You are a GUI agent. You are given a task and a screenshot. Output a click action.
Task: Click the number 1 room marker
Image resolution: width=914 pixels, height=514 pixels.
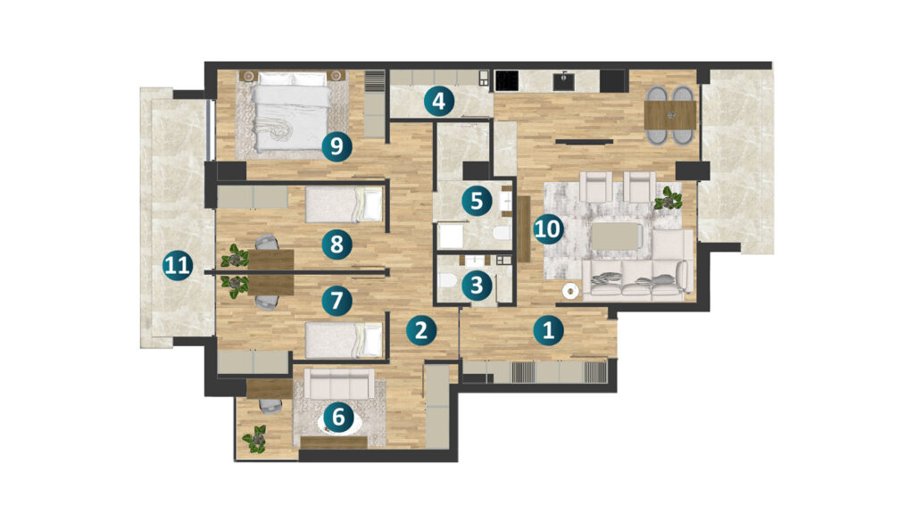coord(549,331)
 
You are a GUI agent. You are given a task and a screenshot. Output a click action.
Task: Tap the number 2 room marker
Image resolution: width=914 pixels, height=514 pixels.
coord(421,330)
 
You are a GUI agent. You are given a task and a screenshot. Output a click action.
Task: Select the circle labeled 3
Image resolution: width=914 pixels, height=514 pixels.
coord(477,286)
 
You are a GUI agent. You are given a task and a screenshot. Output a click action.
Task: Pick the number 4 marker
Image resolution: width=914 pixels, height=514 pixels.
coord(438,102)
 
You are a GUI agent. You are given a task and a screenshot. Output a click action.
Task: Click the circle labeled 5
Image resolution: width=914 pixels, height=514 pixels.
coord(477,201)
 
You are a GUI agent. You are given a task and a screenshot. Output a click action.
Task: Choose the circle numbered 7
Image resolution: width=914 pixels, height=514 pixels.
coord(337,302)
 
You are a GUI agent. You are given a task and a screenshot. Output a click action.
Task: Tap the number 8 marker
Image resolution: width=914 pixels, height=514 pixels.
coord(337,245)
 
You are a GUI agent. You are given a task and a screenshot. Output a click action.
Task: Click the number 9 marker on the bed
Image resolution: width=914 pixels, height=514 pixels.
coord(337,146)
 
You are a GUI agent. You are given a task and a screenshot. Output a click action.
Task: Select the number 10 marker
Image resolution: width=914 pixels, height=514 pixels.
coord(547,228)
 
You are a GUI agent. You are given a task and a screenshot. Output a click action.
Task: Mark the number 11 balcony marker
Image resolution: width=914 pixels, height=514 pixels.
coord(178,266)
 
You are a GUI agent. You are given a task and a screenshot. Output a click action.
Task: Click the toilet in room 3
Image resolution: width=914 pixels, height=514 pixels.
coord(447,282)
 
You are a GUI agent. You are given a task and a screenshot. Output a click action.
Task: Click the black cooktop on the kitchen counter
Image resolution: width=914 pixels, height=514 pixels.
coord(507,81)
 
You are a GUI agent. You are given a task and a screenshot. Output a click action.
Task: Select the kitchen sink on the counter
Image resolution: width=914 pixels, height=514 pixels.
coord(564,81)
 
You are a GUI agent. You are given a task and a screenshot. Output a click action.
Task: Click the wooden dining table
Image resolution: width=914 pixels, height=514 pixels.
coord(670,115)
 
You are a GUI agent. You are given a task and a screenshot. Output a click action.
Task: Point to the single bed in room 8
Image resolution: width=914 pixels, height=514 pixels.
coord(344,204)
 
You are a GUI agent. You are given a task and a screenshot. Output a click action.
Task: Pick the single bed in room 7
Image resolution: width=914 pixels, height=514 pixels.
coord(344,341)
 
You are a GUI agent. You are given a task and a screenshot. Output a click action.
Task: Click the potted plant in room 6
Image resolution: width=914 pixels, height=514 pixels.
coord(255,439)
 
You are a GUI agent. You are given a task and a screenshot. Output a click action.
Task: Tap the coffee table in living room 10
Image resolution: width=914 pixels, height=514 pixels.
coord(618,236)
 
